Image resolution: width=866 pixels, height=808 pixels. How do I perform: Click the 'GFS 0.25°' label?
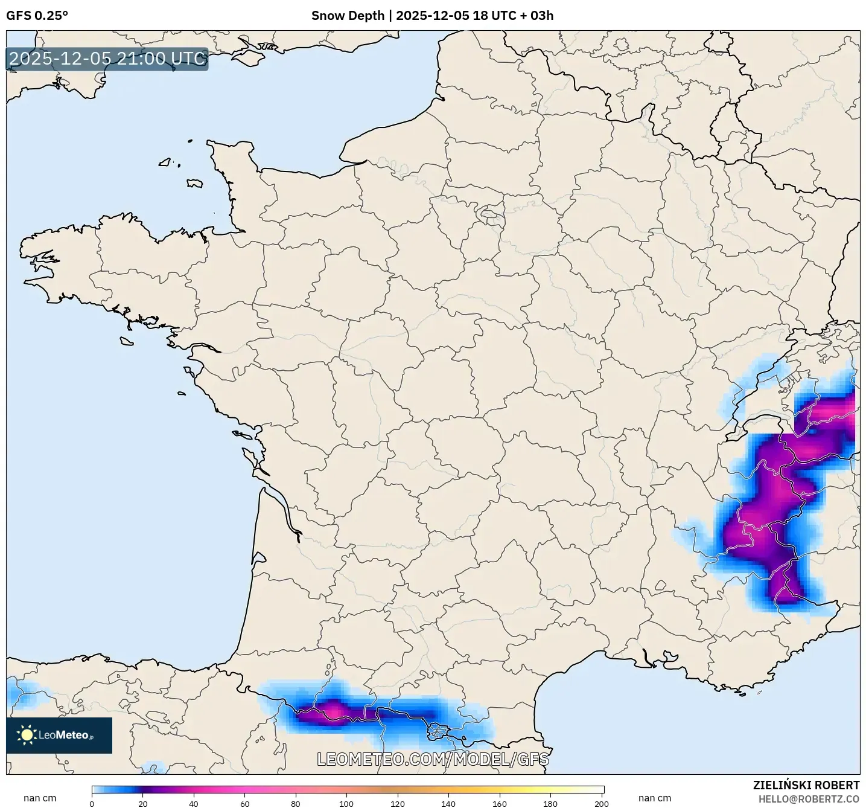click(x=37, y=16)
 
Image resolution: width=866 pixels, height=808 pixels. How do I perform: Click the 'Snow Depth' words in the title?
click(x=347, y=16)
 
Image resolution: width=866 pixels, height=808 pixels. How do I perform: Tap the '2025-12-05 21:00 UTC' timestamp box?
click(x=107, y=59)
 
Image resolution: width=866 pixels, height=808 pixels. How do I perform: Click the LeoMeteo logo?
click(x=59, y=735)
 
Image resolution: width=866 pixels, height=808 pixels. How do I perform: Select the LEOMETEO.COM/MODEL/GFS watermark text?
click(x=433, y=759)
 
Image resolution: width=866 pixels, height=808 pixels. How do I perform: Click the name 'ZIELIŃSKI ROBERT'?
click(x=806, y=785)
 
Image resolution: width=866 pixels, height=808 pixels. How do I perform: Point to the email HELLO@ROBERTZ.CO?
click(x=809, y=799)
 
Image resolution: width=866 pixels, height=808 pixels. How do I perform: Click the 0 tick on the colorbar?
click(x=92, y=803)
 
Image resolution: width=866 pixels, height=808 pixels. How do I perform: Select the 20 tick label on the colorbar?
click(x=143, y=803)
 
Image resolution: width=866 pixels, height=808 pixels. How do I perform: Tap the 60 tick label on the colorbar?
click(x=245, y=803)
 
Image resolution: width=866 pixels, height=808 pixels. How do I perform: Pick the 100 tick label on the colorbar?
click(x=346, y=803)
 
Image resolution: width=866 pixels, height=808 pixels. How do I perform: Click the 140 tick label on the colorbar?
click(x=448, y=803)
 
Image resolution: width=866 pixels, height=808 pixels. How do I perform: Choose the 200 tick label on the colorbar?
click(x=601, y=803)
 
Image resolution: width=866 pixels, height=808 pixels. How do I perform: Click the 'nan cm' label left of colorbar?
click(x=40, y=798)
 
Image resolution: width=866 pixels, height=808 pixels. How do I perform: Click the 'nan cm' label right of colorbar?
click(x=655, y=798)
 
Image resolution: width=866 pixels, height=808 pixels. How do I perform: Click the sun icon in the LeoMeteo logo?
click(x=27, y=735)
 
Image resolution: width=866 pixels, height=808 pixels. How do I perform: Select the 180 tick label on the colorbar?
click(x=550, y=803)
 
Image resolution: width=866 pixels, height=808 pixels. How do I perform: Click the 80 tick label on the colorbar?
click(x=296, y=803)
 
